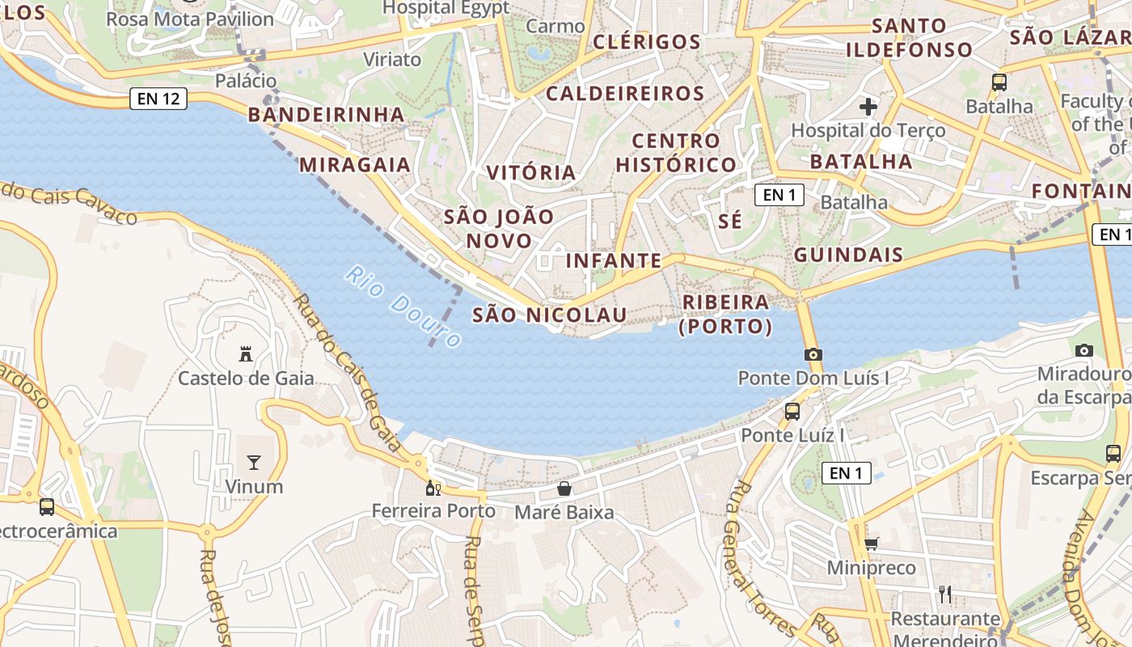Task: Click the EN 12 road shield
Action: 158,99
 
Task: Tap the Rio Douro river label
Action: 403,307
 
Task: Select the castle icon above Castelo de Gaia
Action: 246,353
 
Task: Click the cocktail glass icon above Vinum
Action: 254,463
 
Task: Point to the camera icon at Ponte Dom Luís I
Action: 813,354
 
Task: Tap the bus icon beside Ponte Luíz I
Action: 792,411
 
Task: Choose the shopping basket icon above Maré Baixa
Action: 564,488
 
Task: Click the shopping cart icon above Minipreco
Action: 871,543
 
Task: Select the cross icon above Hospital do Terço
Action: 868,106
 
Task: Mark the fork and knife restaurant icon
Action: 945,594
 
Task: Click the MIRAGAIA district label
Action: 355,165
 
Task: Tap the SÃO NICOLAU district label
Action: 549,315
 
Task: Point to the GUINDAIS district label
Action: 848,255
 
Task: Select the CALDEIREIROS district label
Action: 625,93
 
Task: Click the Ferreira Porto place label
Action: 433,511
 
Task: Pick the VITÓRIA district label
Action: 531,172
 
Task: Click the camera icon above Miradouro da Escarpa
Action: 1084,350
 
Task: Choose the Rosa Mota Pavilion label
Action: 190,19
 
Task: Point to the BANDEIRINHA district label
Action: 326,114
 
